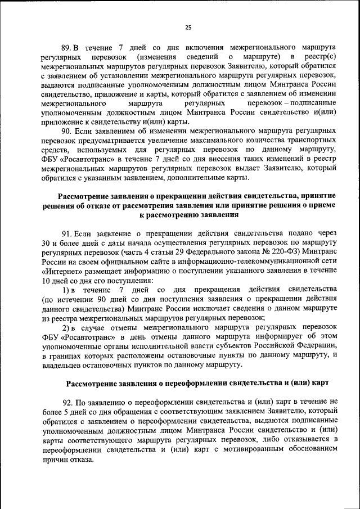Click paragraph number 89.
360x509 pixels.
(66, 48)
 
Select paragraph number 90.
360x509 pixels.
(66, 132)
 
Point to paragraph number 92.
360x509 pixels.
(67, 403)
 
